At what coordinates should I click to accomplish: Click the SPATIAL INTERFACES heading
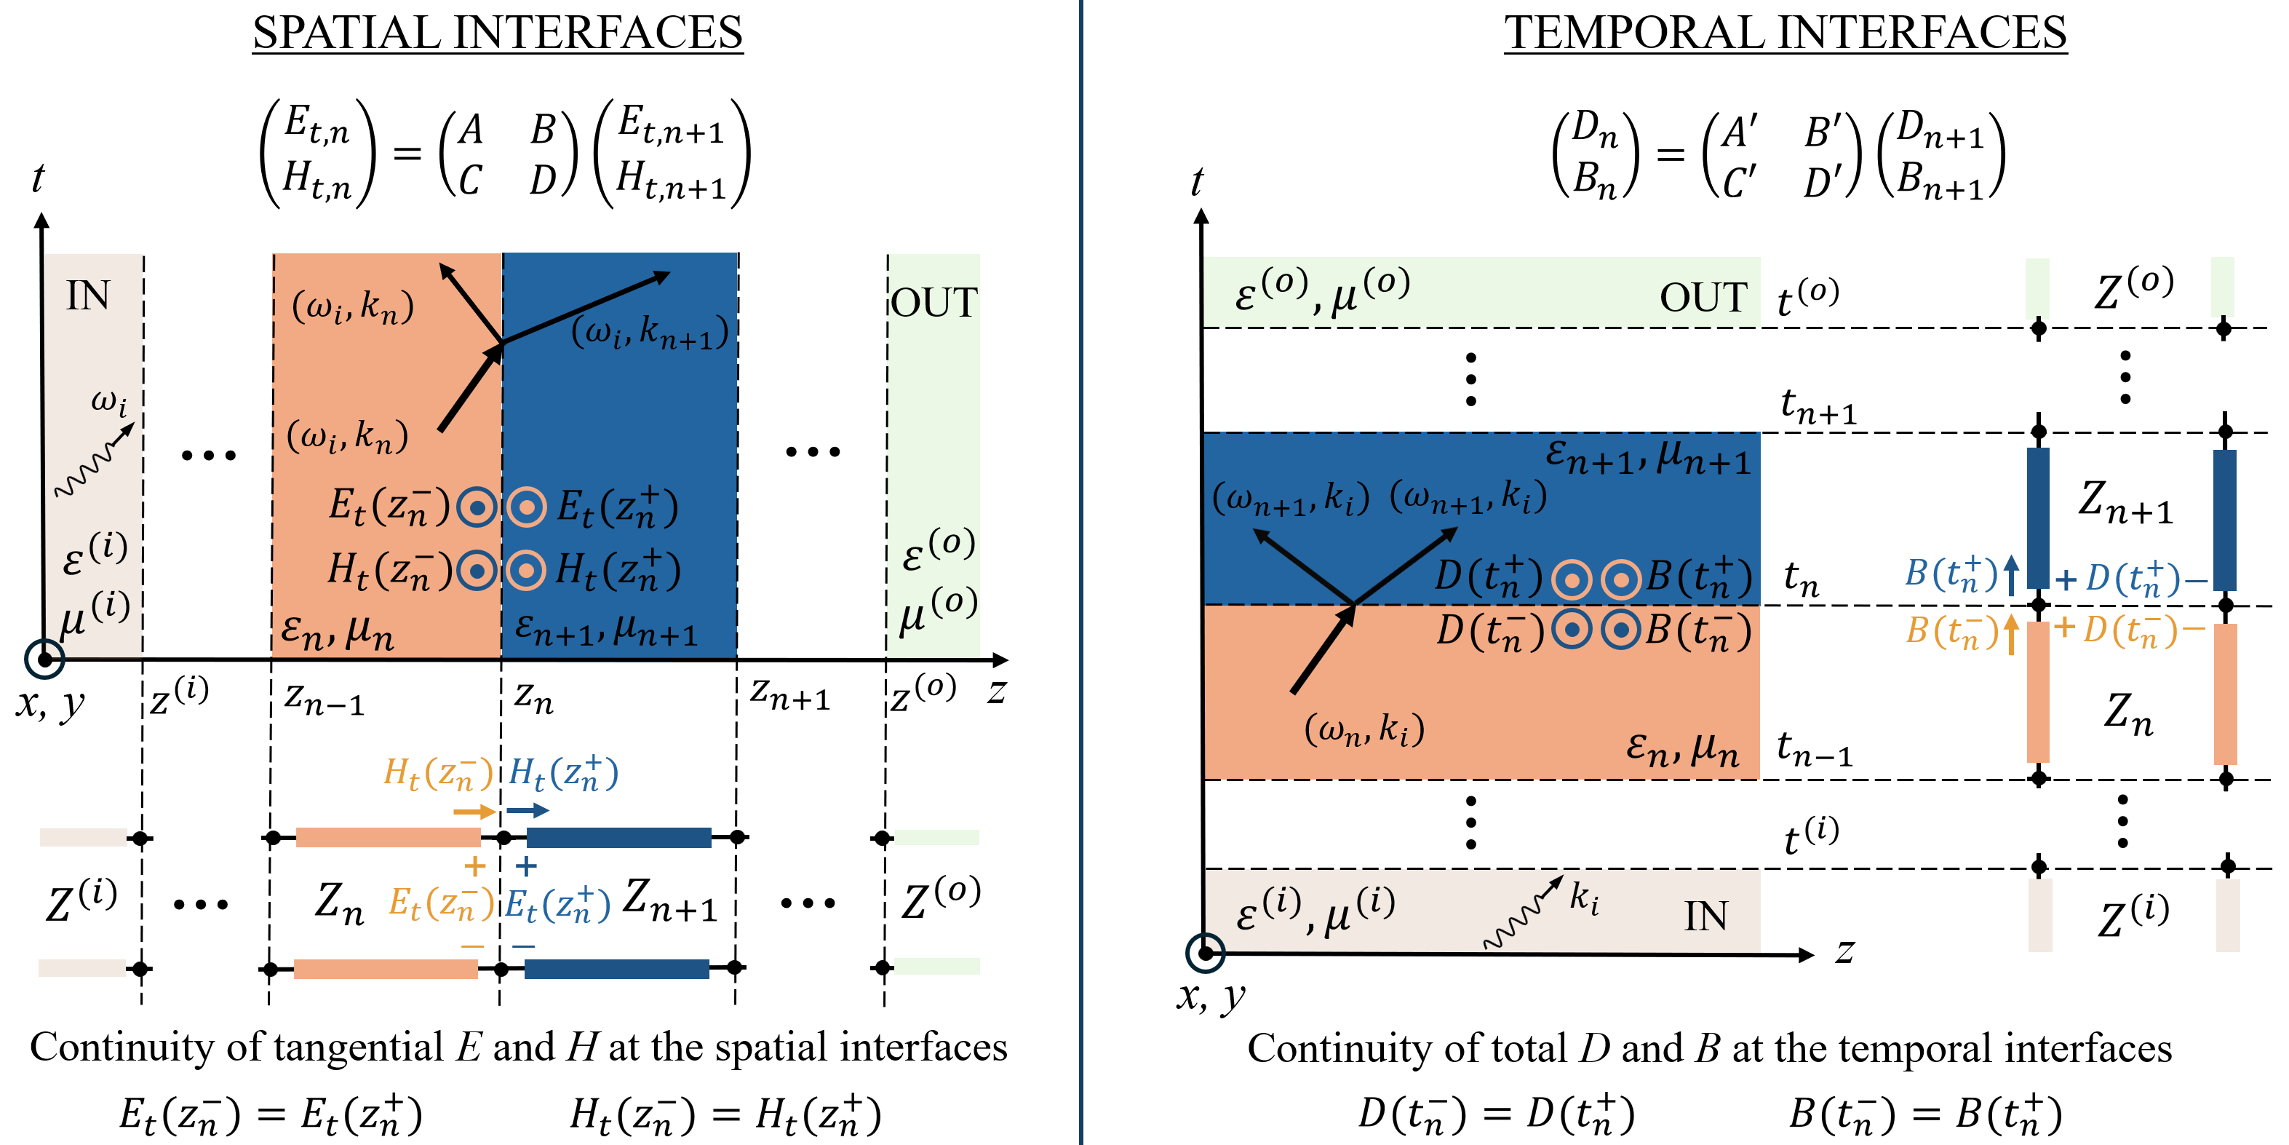pos(497,33)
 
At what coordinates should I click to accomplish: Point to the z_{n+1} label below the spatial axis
pos(789,694)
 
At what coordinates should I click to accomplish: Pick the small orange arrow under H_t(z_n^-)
pos(474,811)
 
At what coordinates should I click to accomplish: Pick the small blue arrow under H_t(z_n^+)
pos(528,810)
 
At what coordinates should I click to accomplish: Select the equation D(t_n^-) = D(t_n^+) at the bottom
pos(1495,1114)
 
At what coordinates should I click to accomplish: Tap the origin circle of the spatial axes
pos(44,659)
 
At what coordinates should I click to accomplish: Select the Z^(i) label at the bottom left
pos(81,900)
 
